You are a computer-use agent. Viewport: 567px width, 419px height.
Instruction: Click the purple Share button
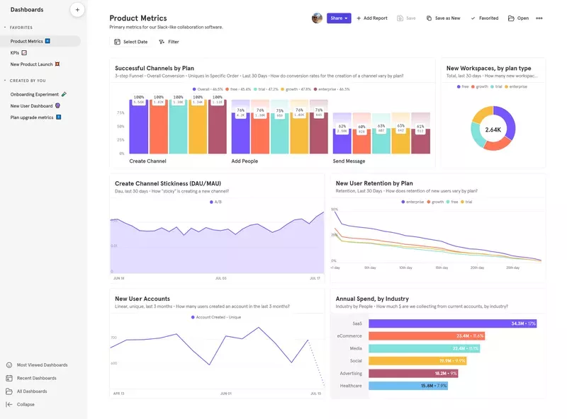coord(338,18)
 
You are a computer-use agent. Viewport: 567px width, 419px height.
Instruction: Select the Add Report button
coord(372,18)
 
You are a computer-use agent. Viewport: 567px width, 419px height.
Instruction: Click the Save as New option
coord(444,18)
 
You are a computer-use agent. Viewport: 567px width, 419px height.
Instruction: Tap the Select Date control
coord(131,42)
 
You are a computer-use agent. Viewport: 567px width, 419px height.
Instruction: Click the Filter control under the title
coord(169,42)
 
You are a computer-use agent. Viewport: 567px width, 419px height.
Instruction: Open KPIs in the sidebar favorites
coord(16,53)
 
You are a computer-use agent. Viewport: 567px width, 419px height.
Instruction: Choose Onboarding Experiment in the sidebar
coord(35,93)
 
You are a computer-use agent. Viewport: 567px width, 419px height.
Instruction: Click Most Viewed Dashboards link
coord(42,365)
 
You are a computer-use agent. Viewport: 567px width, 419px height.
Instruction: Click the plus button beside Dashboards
coord(77,10)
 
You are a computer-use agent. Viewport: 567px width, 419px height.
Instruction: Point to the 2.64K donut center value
coord(493,130)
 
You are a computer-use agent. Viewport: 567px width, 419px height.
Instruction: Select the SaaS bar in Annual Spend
coord(452,323)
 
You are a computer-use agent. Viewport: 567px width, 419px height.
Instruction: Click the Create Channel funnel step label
coord(147,161)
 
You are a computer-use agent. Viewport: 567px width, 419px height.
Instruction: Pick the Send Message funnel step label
coord(349,161)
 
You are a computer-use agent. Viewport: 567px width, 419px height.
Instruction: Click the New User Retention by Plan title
coord(374,183)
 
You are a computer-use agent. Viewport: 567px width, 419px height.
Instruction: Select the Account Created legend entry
coord(218,317)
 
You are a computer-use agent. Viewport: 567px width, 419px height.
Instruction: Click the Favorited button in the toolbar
coord(485,18)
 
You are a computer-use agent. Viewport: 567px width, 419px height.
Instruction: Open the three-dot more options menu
coord(539,18)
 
